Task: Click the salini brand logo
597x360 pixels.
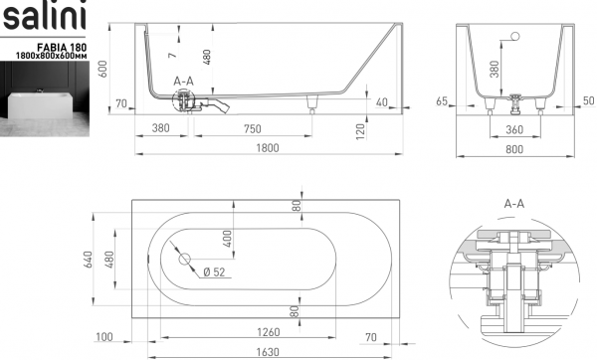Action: coord(44,16)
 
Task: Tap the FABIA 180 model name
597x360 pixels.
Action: coord(62,47)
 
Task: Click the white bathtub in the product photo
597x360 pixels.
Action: coord(40,105)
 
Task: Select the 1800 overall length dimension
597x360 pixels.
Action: coord(268,147)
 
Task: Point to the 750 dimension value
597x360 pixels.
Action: coord(253,129)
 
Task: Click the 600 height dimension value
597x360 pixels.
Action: coord(102,69)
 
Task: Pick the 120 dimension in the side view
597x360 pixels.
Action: coord(360,131)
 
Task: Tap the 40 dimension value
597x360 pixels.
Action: coord(381,102)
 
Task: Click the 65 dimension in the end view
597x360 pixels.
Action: coord(442,101)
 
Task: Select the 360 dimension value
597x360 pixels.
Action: coord(514,129)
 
